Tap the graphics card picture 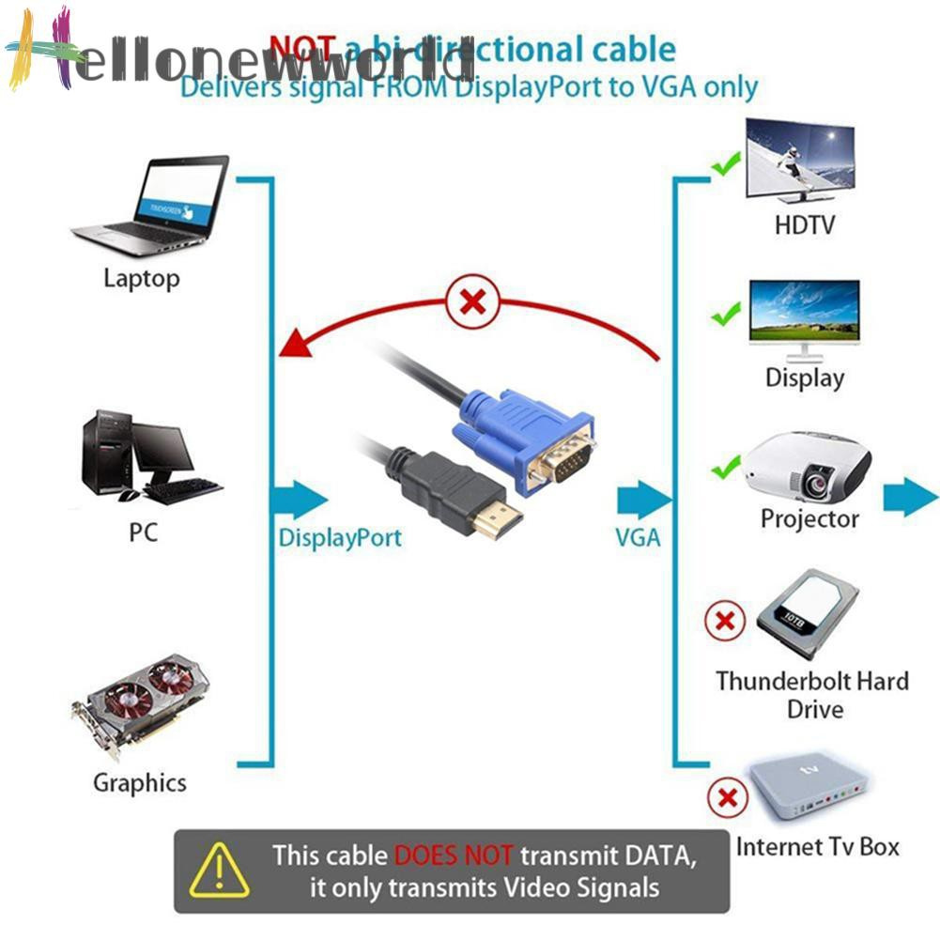(141, 704)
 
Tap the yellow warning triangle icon (219, 871)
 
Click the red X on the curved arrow (474, 303)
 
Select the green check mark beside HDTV (725, 167)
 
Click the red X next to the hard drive (725, 621)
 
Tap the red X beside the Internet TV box (727, 799)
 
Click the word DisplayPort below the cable (340, 538)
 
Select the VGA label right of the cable (638, 538)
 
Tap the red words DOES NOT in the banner (454, 855)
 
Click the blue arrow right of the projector (910, 494)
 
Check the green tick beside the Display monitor (726, 315)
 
